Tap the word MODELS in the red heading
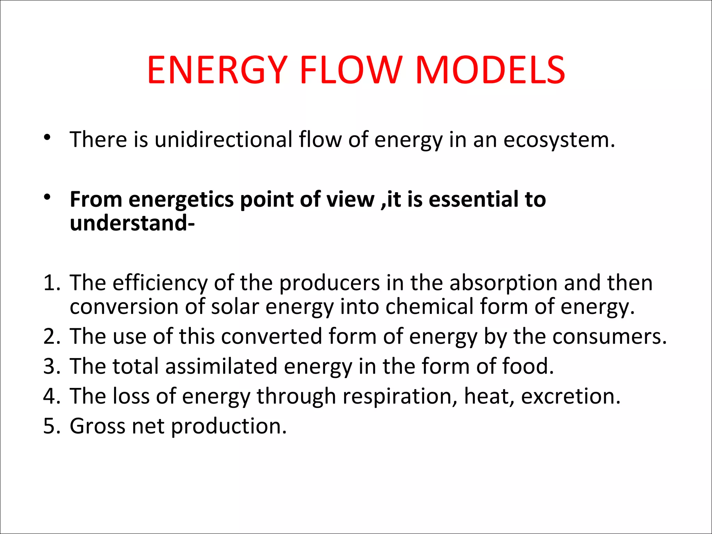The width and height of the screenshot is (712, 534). pyautogui.click(x=490, y=70)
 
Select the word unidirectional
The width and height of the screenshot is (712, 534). pyautogui.click(x=224, y=140)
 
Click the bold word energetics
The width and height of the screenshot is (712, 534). pyautogui.click(x=181, y=200)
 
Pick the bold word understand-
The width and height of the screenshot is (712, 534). pyautogui.click(x=132, y=223)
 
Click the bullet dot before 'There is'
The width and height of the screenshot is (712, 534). pyautogui.click(x=47, y=138)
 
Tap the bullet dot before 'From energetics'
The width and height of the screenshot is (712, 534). pyautogui.click(x=47, y=197)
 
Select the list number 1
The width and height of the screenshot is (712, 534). pyautogui.click(x=51, y=283)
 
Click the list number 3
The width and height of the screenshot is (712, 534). pyautogui.click(x=51, y=366)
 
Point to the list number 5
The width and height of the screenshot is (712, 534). pyautogui.click(x=51, y=426)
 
